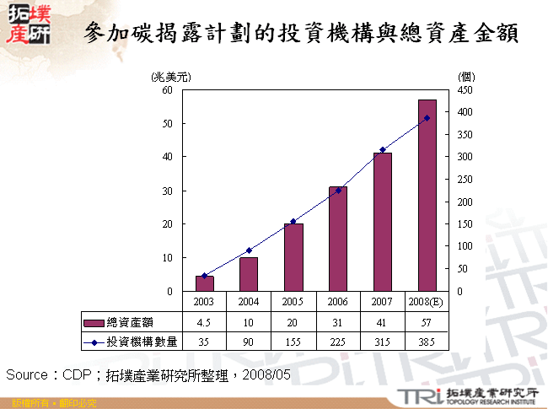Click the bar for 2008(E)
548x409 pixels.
[x=427, y=196]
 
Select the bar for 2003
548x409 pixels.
[x=205, y=283]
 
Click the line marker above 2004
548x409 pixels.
[x=249, y=250]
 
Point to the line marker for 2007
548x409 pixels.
[x=383, y=150]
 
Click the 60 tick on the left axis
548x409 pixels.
[x=167, y=89]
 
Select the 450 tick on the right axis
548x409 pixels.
[x=465, y=89]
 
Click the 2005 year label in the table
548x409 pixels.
[x=293, y=302]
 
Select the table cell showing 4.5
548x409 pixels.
[x=205, y=322]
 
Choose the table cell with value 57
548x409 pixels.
[x=427, y=322]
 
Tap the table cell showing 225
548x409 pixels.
[x=338, y=342]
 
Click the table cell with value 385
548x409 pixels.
[x=427, y=342]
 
